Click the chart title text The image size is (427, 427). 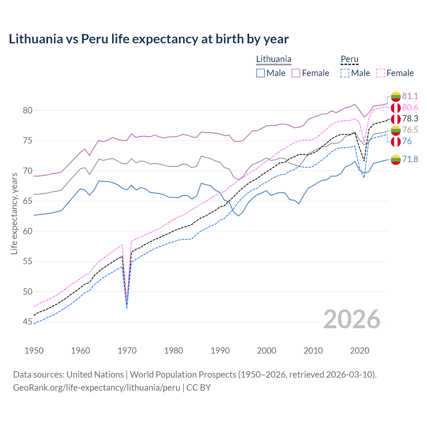[149, 39]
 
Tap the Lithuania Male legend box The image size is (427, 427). [261, 73]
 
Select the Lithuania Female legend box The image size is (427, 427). [296, 73]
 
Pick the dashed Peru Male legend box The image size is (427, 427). [345, 73]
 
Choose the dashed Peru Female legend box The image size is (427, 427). [380, 73]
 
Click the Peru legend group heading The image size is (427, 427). [349, 59]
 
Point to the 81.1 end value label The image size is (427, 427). [410, 96]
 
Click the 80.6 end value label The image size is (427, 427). [410, 107]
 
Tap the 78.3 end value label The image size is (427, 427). [410, 119]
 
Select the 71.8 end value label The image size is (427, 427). [410, 159]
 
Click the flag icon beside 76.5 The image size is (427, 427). [396, 130]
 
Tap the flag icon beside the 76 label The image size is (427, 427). [396, 141]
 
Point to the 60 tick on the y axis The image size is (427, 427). [27, 231]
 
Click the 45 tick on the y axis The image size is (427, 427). [27, 322]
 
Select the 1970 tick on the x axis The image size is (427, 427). [127, 351]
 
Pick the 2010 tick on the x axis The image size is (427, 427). [313, 351]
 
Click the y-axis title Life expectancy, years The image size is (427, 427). [14, 213]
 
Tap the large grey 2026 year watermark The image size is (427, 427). [352, 319]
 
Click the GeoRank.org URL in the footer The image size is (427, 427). [96, 388]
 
